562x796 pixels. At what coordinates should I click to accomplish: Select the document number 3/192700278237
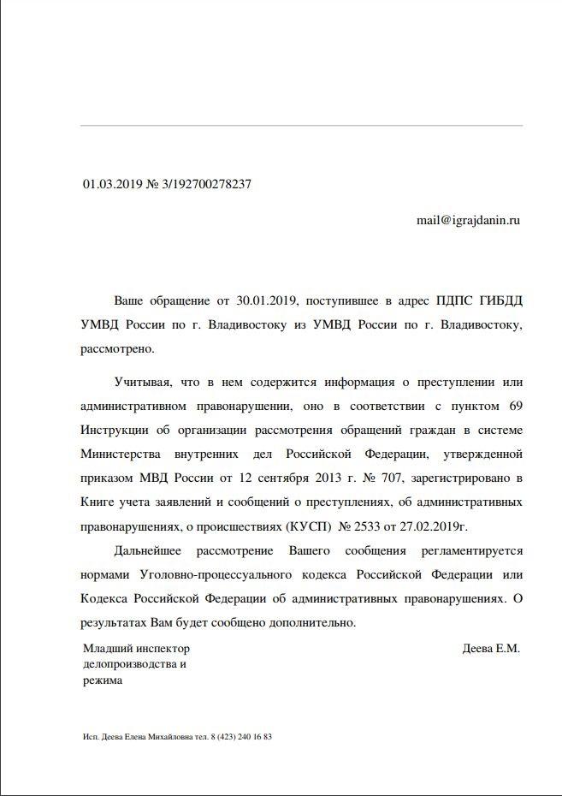204,184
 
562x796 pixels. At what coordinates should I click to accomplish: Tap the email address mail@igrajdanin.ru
468,220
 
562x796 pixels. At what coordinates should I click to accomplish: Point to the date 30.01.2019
267,301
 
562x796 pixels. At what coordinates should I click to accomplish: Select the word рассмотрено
116,349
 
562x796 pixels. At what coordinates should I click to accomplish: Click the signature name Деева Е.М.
490,649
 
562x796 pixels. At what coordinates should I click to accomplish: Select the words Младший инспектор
136,649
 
